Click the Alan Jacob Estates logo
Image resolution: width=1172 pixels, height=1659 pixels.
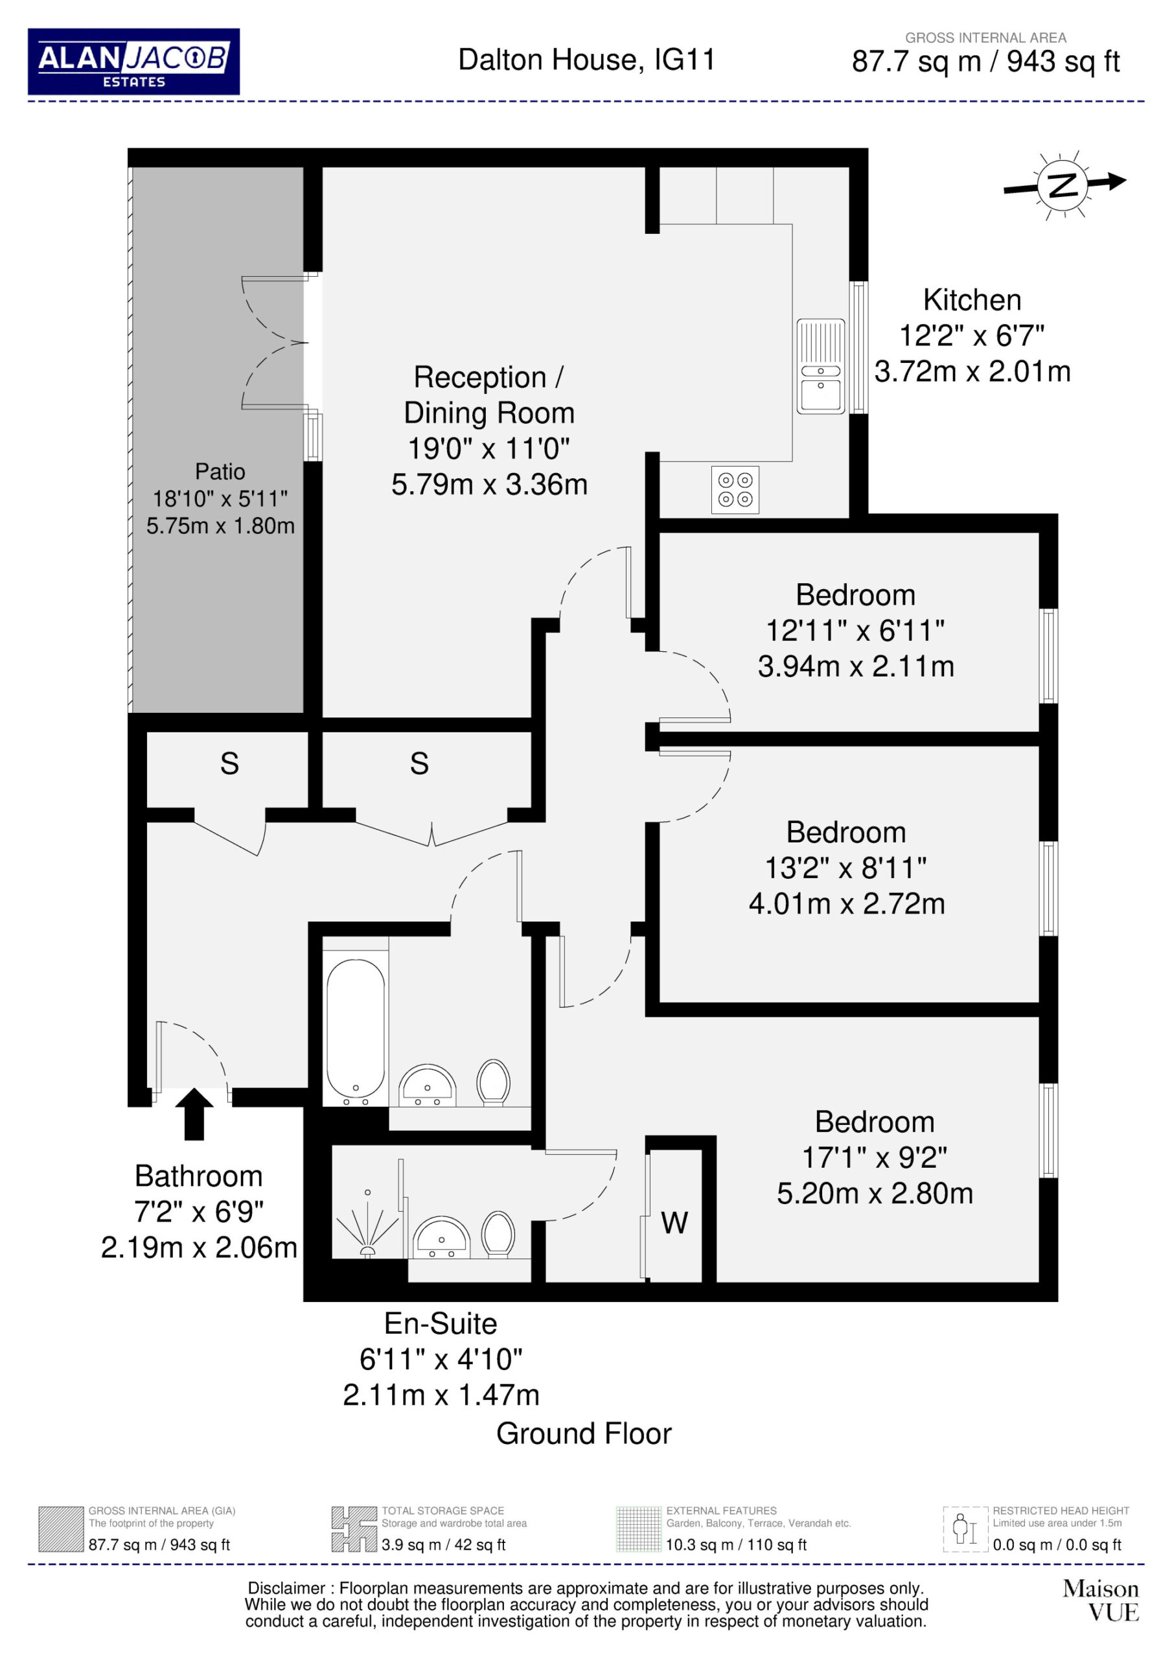coord(133,62)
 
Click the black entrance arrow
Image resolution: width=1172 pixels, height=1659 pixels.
coord(194,1113)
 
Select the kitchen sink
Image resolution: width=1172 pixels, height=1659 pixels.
coord(821,366)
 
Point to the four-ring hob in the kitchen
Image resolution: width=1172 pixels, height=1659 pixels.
coord(735,489)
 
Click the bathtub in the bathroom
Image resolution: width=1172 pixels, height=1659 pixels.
coord(356,1028)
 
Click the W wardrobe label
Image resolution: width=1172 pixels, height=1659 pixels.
coord(674,1223)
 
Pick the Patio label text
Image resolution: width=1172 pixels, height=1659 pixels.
coord(220,471)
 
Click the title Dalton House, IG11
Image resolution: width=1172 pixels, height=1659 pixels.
coord(587,60)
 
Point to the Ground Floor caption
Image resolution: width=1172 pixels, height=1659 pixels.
coord(584,1433)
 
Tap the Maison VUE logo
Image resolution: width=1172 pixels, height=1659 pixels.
coord(1101,1601)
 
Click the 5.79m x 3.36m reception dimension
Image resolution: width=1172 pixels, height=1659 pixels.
coord(489,484)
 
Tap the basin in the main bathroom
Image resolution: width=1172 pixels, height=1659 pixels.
coord(427,1085)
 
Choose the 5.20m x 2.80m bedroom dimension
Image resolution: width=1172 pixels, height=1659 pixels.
coord(875,1193)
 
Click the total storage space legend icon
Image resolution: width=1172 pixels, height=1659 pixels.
coord(354,1529)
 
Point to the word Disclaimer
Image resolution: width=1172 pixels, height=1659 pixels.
coord(287,1588)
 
